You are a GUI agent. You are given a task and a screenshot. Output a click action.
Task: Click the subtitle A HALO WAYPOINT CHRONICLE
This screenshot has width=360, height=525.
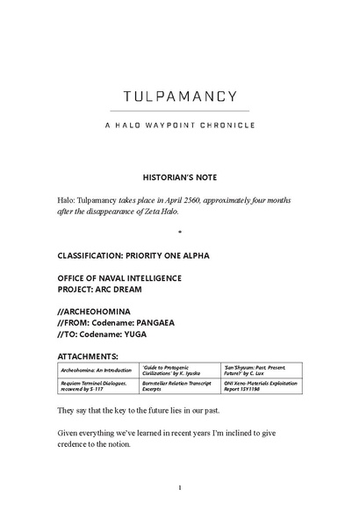tap(179, 125)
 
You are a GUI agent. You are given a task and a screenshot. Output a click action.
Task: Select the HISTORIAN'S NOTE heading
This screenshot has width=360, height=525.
tap(179, 176)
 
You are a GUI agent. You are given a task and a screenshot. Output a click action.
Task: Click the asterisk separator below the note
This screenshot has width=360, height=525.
tap(179, 234)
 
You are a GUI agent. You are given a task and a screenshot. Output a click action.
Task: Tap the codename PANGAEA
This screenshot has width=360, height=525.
tap(174, 323)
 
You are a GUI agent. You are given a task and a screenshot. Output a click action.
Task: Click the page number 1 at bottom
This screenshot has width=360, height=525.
tap(179, 487)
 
